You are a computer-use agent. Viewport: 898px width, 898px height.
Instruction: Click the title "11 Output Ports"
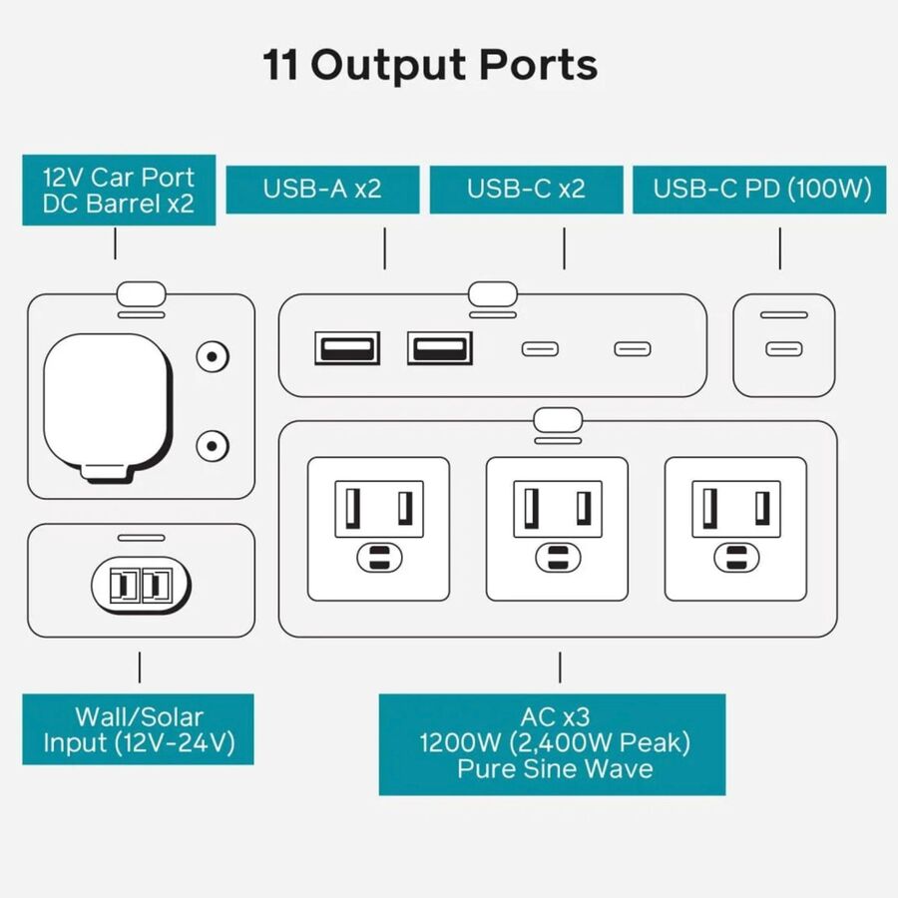[430, 66]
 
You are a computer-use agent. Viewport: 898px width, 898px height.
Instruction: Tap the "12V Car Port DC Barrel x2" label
[118, 192]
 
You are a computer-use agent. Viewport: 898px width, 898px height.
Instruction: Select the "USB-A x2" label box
[322, 189]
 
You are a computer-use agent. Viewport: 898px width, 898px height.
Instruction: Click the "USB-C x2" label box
[527, 189]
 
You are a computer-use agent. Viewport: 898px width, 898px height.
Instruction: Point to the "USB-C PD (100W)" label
[762, 189]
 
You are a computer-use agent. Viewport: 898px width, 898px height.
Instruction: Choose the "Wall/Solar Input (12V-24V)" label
[138, 729]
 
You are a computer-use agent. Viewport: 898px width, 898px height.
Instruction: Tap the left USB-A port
[347, 348]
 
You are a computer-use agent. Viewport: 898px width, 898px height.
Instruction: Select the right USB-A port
[439, 348]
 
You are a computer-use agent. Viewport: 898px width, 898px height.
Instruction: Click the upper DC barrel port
[212, 356]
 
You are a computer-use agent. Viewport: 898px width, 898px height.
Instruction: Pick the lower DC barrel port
[212, 445]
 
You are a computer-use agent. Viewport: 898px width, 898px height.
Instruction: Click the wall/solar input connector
[141, 585]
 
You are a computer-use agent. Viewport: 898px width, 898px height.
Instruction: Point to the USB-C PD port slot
[783, 349]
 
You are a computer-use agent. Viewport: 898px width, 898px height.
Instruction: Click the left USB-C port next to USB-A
[541, 349]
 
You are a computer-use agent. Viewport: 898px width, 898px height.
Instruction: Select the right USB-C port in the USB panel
[632, 349]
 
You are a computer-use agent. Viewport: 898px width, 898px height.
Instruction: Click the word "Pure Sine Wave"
[555, 769]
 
